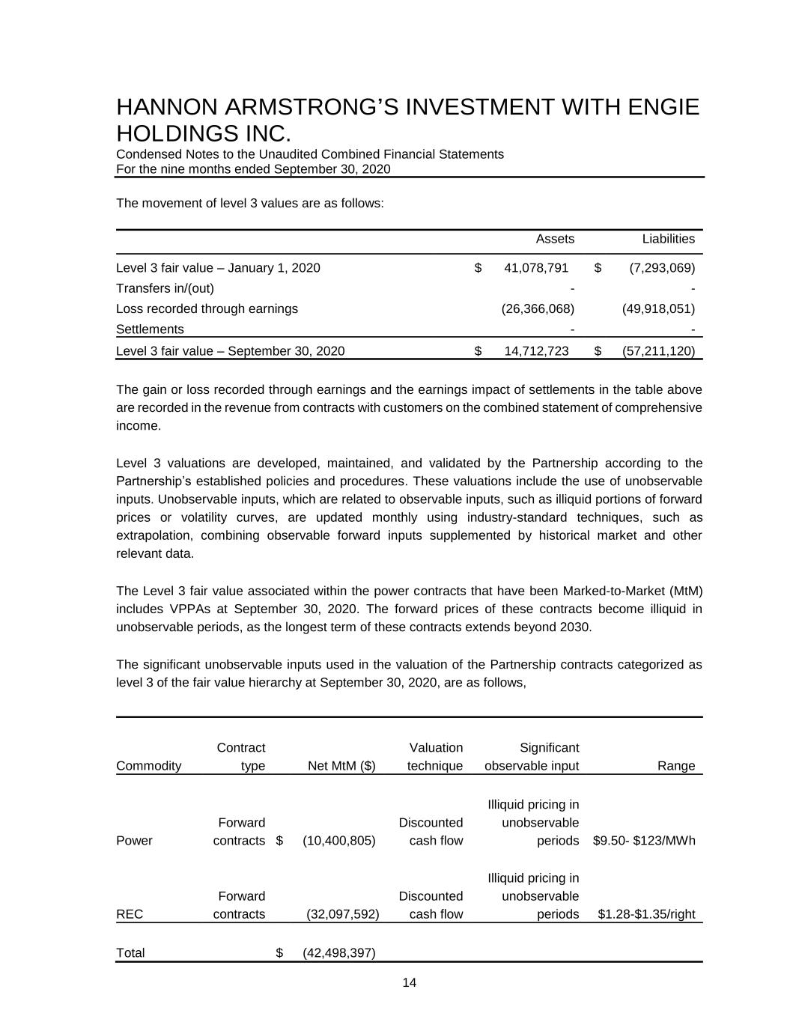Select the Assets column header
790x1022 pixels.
555,239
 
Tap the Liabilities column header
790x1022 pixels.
668,239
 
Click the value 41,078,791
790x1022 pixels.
536,268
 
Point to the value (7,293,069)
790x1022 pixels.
658,268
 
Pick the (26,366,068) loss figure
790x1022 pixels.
537,308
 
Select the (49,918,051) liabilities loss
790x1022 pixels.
658,308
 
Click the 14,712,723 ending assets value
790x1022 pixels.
536,351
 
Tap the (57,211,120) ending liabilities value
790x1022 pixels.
658,351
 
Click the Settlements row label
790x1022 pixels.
150,329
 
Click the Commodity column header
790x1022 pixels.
149,766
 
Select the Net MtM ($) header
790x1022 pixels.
341,766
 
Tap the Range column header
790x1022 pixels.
676,766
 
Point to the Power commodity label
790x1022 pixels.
134,841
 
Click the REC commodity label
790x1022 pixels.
130,914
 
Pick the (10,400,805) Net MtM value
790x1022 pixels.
338,841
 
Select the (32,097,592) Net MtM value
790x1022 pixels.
343,914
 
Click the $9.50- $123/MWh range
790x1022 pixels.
644,841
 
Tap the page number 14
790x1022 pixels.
409,983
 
